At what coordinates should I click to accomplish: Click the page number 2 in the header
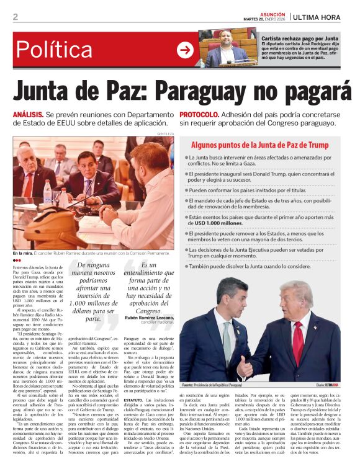coord(16,17)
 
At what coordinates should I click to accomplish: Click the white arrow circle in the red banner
coord(185,50)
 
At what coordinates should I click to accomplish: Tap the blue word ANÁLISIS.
coord(27,115)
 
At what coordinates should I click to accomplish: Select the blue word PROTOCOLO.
coord(198,115)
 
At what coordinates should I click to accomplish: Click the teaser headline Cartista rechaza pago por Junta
coord(300,38)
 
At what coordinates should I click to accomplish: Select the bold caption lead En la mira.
coord(24,254)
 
